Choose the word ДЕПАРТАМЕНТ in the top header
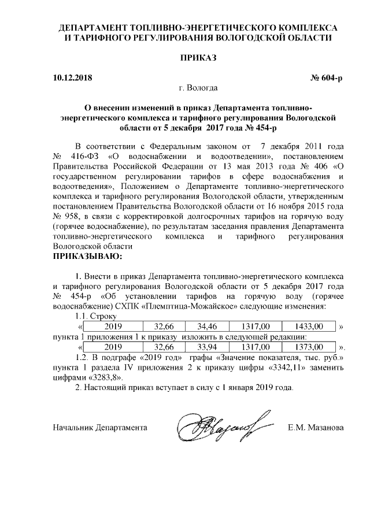(x=96, y=27)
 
